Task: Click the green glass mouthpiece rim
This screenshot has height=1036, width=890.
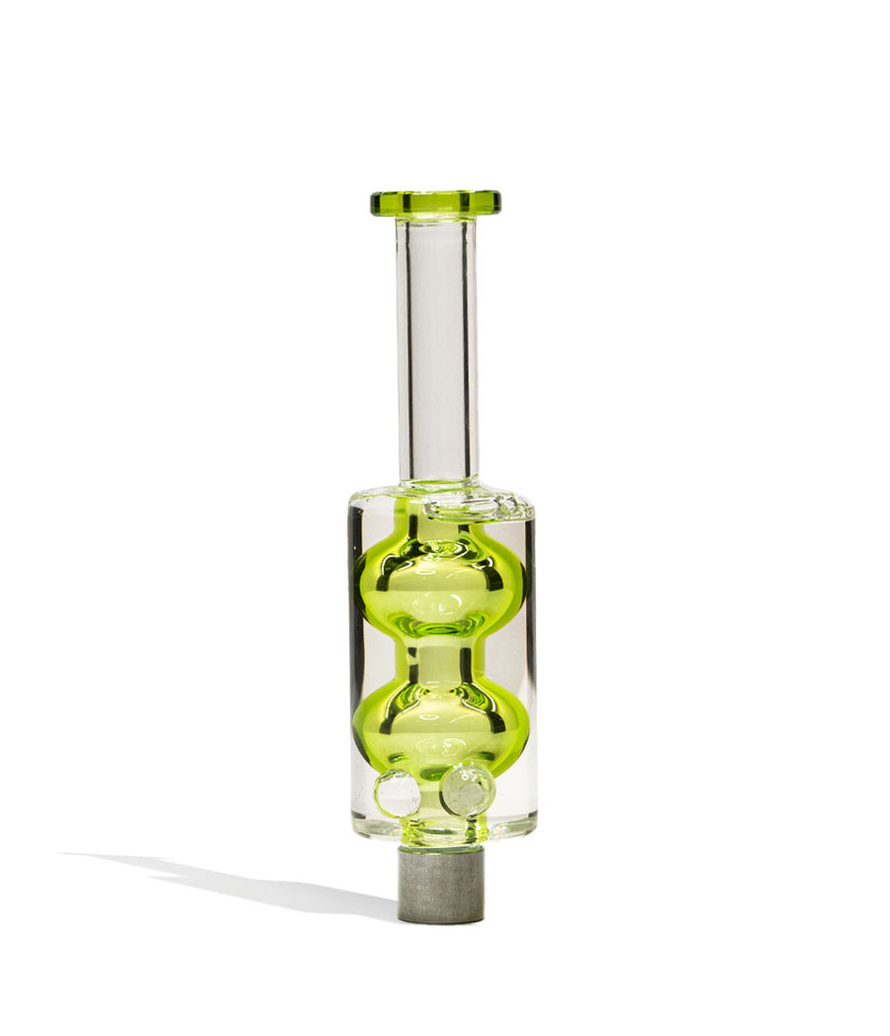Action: [435, 202]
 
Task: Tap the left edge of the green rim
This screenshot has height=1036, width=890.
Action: [375, 203]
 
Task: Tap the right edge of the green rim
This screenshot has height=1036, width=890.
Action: [496, 203]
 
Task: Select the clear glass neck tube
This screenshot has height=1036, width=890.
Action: [436, 346]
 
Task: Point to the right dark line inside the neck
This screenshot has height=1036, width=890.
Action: [466, 346]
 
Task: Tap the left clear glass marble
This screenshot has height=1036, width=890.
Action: [397, 793]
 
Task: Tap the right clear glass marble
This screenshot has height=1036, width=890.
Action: [467, 789]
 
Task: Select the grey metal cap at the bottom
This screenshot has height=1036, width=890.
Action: [440, 884]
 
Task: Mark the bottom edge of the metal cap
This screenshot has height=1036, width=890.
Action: [440, 920]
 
